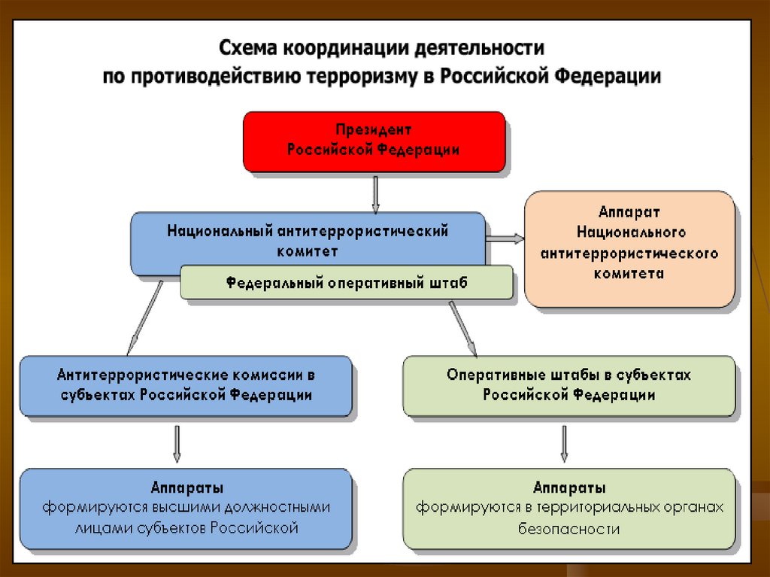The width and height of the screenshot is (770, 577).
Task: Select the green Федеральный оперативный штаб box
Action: (x=347, y=284)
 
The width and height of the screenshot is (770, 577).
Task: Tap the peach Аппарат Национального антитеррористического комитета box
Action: (x=630, y=248)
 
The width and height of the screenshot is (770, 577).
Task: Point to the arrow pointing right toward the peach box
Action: (x=505, y=238)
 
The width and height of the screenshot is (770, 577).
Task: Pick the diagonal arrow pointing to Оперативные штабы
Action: (x=462, y=327)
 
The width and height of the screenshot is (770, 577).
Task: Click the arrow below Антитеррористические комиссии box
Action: (x=177, y=443)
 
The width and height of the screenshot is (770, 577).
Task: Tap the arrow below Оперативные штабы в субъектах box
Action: (x=564, y=444)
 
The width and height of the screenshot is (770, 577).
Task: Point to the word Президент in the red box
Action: (x=374, y=130)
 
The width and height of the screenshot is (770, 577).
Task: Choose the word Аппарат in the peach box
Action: (x=629, y=212)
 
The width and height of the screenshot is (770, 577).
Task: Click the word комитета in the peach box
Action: (x=629, y=274)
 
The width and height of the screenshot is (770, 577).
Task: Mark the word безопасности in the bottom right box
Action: (x=568, y=528)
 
